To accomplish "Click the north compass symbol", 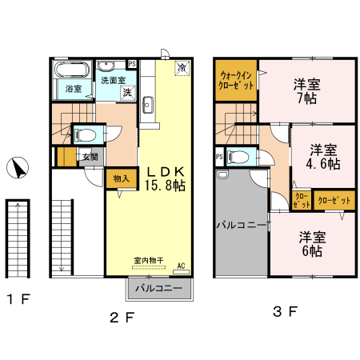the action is [x=18, y=168].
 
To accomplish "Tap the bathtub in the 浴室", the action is [x=71, y=70].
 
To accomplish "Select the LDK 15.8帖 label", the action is [x=166, y=178].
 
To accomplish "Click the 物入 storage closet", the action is [x=122, y=178].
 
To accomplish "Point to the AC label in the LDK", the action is [x=181, y=266].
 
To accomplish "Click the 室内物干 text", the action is [x=149, y=260].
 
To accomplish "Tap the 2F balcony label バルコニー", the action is [x=159, y=288].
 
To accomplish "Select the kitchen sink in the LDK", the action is [x=148, y=105].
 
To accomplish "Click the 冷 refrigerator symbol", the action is [x=182, y=68].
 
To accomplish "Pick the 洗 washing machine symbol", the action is [x=128, y=93].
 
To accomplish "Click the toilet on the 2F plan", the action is [x=85, y=134].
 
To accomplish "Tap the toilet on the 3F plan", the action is [x=238, y=157].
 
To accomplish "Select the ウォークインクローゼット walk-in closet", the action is [x=236, y=80].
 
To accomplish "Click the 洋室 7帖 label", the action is [x=307, y=91].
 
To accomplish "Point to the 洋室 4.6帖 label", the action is [x=323, y=157].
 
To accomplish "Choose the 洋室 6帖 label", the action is [x=312, y=244].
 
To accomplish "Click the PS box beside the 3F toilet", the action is [x=219, y=157].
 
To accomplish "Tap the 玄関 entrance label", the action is [x=90, y=157].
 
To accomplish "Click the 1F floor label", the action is [x=18, y=299].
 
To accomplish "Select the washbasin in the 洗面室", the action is [x=106, y=66].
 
